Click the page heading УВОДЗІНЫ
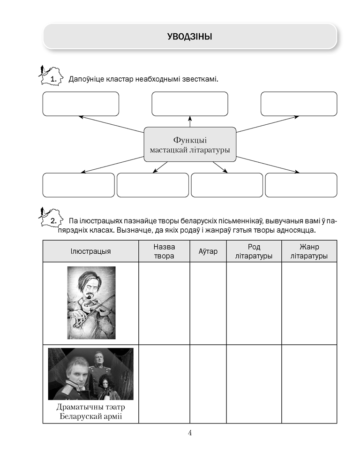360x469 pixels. tap(189, 36)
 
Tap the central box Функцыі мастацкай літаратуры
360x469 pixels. tap(189, 144)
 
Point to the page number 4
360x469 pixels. tap(190, 433)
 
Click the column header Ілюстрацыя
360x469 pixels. tap(90, 251)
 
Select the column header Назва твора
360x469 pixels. tap(164, 251)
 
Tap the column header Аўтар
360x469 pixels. tap(208, 251)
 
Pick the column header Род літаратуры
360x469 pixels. tap(254, 251)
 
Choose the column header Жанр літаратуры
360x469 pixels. tap(309, 251)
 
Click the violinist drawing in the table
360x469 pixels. tap(91, 303)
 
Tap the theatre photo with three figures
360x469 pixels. tap(90, 373)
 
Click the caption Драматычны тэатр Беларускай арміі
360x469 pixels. tap(90, 411)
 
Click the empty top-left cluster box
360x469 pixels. tap(81, 104)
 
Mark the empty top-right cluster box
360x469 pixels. tap(299, 104)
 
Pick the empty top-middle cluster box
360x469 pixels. tap(190, 104)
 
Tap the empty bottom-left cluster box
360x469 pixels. tap(78, 185)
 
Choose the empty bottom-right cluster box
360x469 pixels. tap(301, 185)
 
